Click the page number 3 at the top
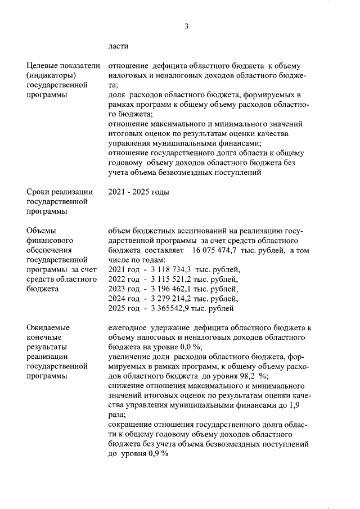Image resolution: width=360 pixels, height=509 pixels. [186, 26]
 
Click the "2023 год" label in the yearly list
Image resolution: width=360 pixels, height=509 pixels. [123, 290]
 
